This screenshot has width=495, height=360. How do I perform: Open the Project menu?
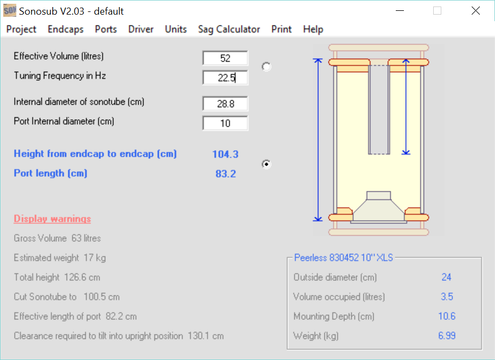click(21, 29)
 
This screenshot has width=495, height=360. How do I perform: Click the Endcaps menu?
click(66, 29)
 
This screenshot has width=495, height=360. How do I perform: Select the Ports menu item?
click(106, 29)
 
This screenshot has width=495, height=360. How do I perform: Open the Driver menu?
click(141, 29)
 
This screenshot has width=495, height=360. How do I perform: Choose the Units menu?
click(176, 29)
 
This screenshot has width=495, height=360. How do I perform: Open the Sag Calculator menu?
click(229, 29)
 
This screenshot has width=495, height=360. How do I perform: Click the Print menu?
click(281, 29)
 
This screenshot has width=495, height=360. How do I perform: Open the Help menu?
click(313, 29)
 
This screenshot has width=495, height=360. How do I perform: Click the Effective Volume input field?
click(226, 58)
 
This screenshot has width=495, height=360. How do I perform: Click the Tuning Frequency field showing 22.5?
click(226, 78)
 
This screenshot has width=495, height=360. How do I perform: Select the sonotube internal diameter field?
click(226, 104)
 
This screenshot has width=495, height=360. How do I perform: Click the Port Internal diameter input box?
click(226, 123)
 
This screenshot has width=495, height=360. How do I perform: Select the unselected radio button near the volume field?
click(266, 67)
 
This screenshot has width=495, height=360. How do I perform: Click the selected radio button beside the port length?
click(266, 164)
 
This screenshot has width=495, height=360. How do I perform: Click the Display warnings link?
click(53, 218)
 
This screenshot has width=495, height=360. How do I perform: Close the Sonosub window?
click(475, 11)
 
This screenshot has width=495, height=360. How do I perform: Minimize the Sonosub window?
click(400, 11)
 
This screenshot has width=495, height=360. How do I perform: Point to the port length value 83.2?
click(226, 173)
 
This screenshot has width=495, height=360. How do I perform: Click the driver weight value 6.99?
click(447, 336)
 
